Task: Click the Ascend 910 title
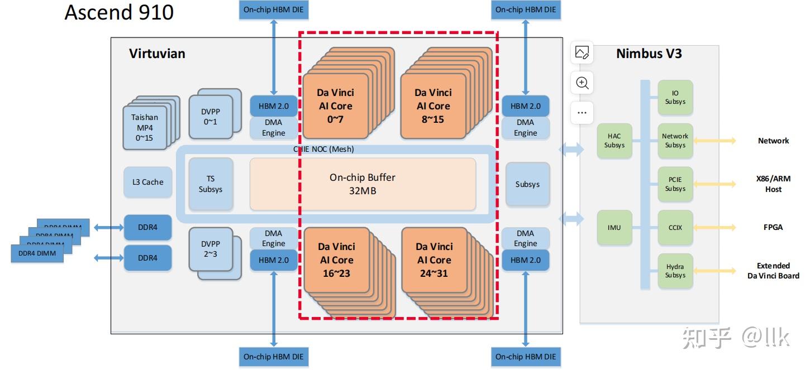click(119, 12)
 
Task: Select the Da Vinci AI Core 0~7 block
click(335, 106)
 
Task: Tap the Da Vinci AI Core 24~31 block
click(433, 260)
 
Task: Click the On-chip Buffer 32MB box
click(363, 184)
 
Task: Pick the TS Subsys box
click(211, 184)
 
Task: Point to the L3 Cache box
click(148, 182)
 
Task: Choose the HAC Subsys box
click(614, 141)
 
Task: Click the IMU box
click(614, 228)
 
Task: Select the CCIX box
click(675, 228)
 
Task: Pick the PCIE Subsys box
click(675, 184)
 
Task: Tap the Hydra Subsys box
click(675, 271)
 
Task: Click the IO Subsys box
click(675, 98)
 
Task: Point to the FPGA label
click(773, 228)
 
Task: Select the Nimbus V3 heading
click(649, 54)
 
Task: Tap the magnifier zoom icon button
click(582, 83)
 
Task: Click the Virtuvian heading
click(157, 54)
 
